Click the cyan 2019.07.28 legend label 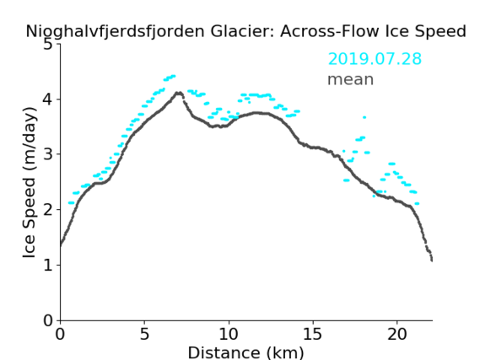tap(375, 59)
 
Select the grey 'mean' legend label tap(351, 79)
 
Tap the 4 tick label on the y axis tap(48, 99)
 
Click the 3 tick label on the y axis tap(48, 154)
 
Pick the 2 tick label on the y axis tap(48, 210)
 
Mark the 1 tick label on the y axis tap(48, 266)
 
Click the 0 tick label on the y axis tap(48, 320)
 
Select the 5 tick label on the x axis tap(144, 334)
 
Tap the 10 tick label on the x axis tap(229, 334)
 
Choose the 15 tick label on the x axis tap(313, 334)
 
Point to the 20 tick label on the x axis tap(397, 334)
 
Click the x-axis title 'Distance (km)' tap(245, 352)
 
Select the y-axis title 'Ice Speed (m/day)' tap(30, 183)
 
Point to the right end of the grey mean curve tap(432, 261)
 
